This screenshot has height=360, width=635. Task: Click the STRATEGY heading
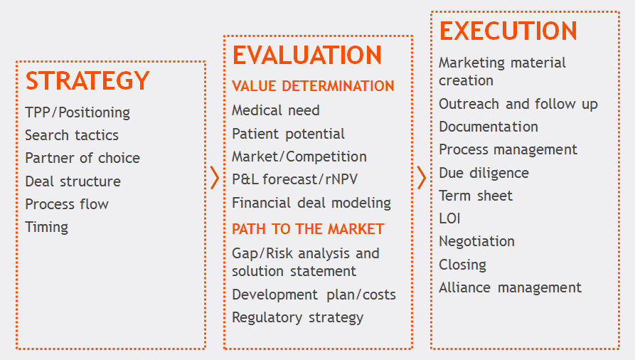(87, 80)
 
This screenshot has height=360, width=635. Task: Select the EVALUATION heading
(307, 55)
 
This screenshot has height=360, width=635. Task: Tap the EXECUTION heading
(508, 31)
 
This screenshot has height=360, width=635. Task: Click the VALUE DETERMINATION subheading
(313, 86)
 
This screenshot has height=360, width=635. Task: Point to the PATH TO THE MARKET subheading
(308, 229)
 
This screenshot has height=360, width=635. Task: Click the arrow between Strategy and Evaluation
(215, 178)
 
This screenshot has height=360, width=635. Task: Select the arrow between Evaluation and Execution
(422, 178)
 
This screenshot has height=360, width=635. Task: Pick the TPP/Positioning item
(78, 112)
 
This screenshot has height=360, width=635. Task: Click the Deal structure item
(73, 181)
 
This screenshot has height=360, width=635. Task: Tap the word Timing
(46, 228)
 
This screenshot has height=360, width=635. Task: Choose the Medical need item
(276, 110)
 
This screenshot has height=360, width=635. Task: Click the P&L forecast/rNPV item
(295, 179)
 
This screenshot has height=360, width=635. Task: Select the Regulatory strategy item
(298, 318)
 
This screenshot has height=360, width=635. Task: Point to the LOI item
(449, 218)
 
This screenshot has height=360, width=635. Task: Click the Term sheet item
(476, 196)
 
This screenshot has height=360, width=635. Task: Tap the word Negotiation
(476, 242)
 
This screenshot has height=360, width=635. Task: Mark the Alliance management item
(511, 287)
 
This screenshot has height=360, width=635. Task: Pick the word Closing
(462, 265)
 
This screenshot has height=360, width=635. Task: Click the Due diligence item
(484, 173)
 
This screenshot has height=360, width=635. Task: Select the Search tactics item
(72, 135)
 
